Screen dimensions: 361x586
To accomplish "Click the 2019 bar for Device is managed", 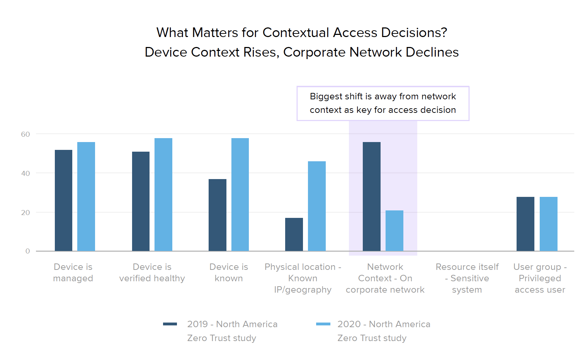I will click(63, 200).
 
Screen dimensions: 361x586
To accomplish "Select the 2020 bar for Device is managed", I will click(86, 197).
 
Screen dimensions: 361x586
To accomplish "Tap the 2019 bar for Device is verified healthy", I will click(141, 202).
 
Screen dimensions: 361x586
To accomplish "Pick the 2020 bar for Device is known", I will click(240, 195).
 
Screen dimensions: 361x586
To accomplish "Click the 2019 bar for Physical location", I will click(294, 235).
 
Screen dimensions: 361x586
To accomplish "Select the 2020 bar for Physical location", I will click(317, 206).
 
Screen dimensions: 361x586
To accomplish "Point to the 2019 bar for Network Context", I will click(372, 197).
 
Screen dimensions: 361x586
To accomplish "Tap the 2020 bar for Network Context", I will click(394, 231).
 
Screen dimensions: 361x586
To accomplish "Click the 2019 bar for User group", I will click(525, 224).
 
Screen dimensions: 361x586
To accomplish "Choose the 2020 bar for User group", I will click(549, 224).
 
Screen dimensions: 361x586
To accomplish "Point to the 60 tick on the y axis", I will click(26, 134).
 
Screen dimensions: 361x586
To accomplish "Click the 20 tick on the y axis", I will click(26, 213).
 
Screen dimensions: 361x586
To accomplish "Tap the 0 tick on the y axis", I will click(28, 251).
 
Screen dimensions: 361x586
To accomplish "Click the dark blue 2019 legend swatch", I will click(170, 324).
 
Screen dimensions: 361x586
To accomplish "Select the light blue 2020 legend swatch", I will click(323, 324).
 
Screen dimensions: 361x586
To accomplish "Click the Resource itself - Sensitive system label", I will click(467, 278).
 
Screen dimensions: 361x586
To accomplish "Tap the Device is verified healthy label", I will click(152, 272).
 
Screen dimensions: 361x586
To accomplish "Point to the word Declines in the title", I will click(432, 52).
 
